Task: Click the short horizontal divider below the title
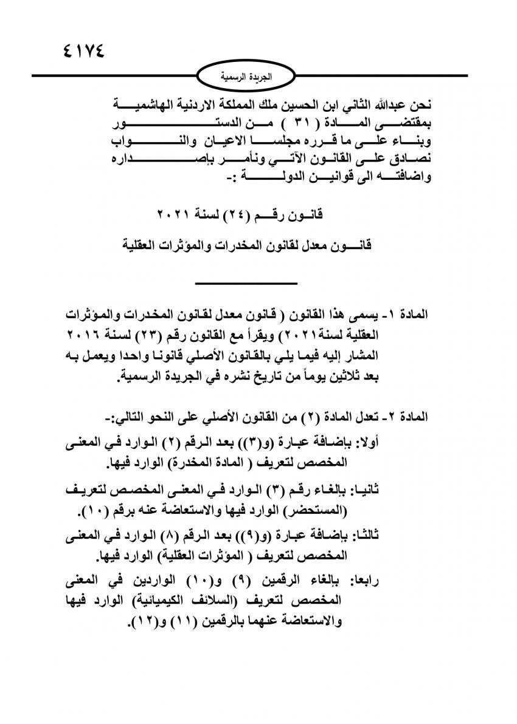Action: coord(246,283)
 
